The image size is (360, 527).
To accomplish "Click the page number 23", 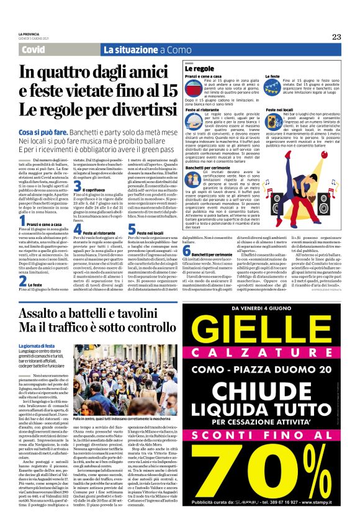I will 336,37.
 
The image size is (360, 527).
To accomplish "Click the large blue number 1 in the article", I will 23,220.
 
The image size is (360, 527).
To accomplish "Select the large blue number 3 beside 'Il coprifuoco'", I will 78,186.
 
